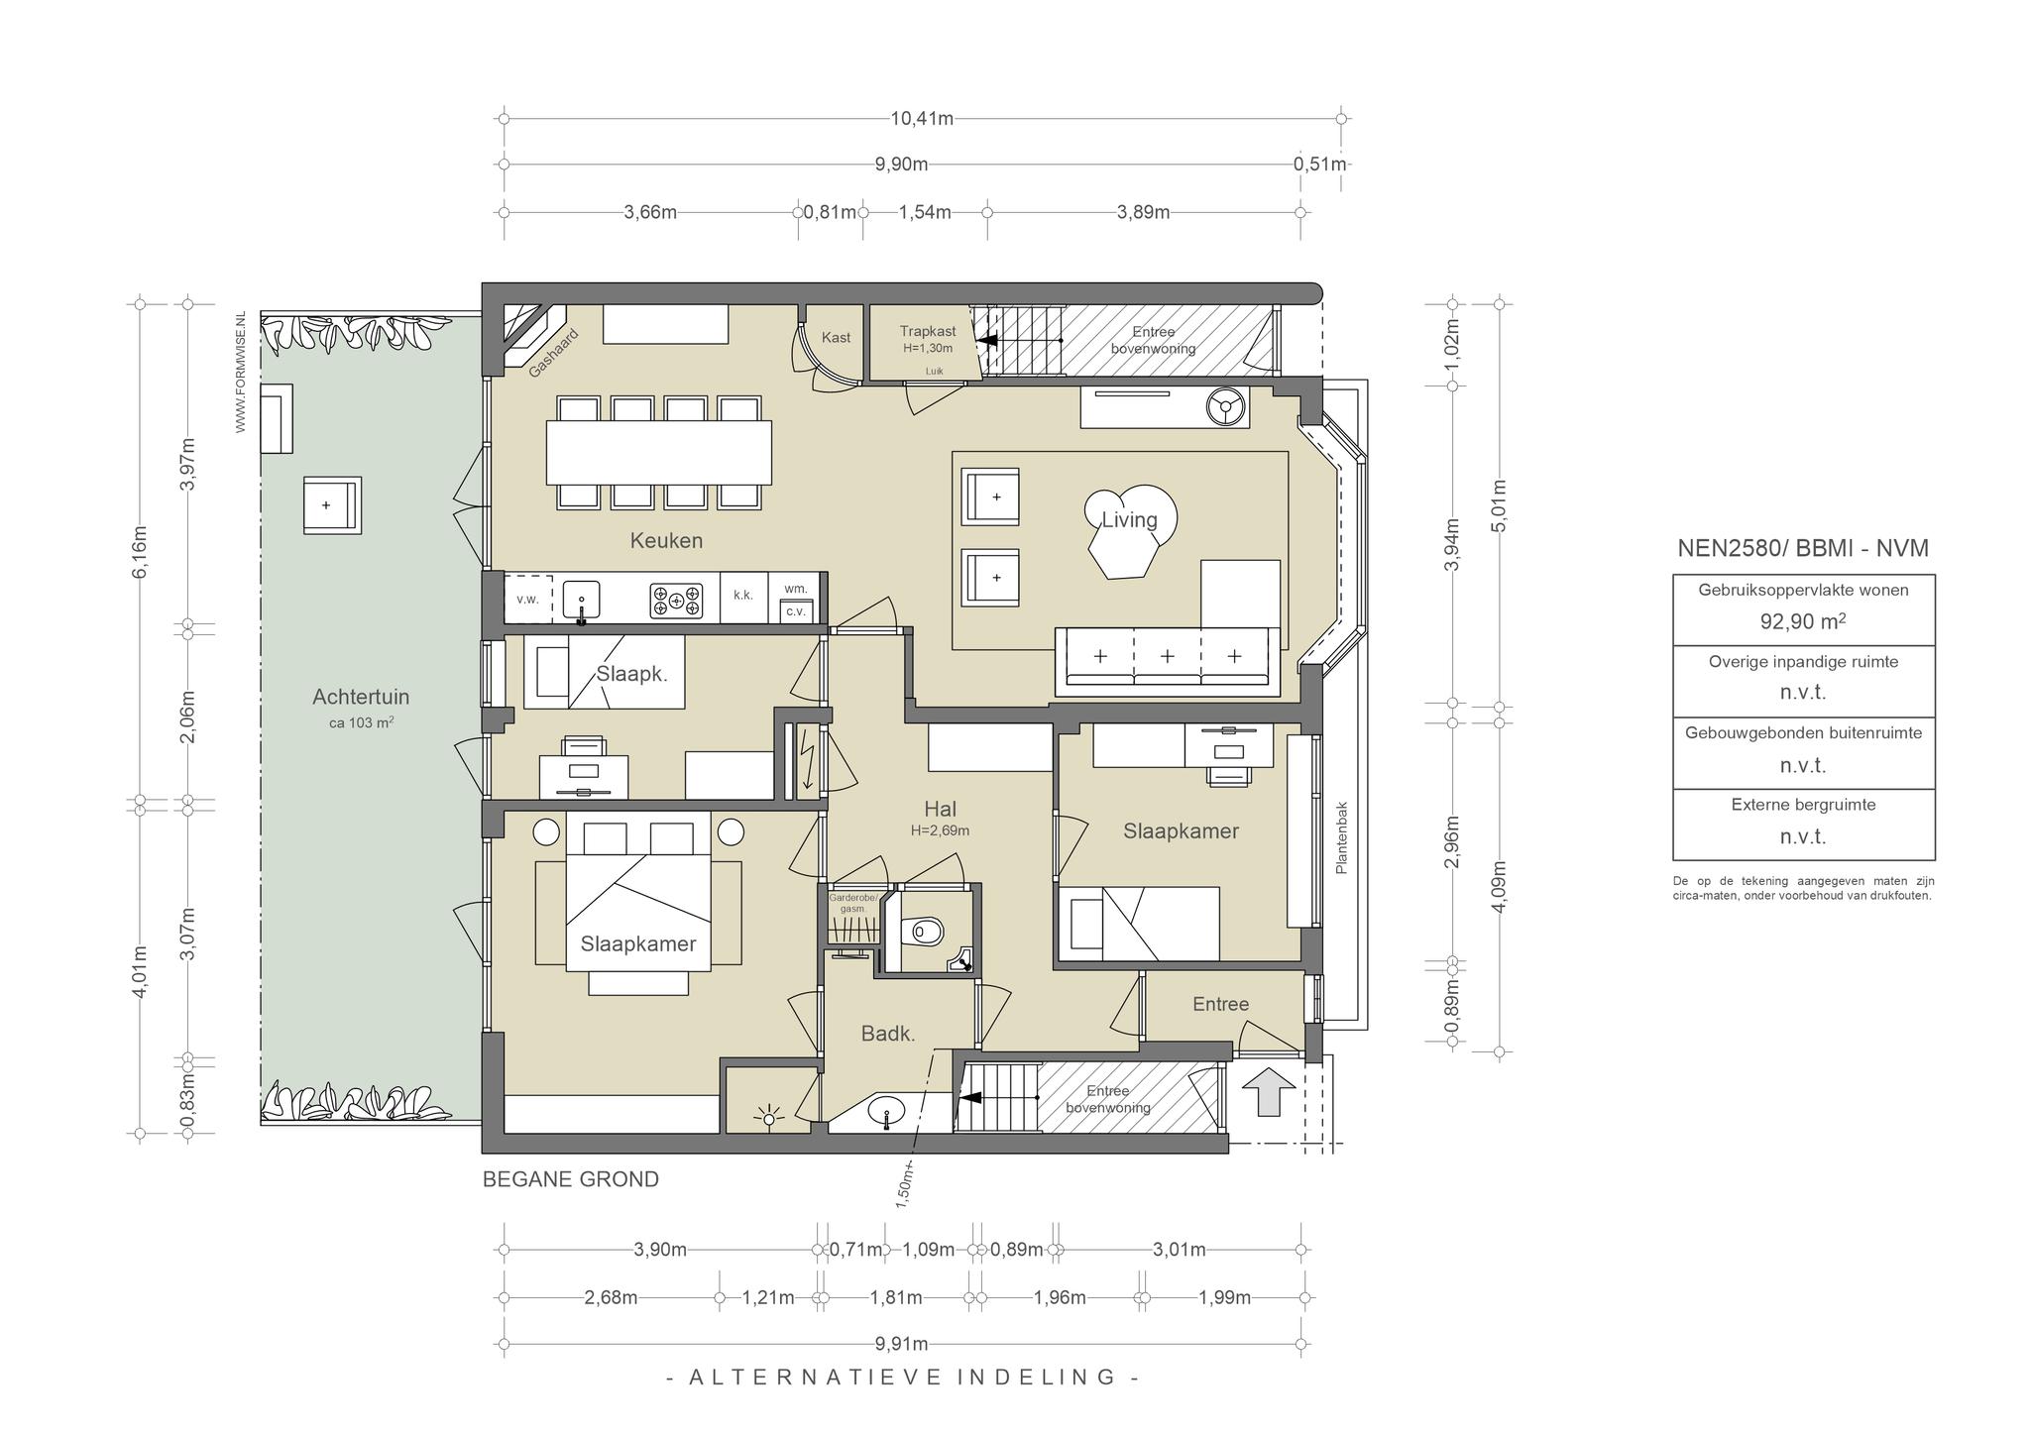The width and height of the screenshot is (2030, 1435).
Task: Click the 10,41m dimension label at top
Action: [x=922, y=119]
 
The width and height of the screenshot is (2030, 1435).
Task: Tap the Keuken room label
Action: [x=666, y=541]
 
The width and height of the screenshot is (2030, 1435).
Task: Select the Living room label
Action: [x=1129, y=519]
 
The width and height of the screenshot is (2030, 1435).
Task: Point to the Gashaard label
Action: [x=553, y=353]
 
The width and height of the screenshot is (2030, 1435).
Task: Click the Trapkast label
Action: [x=928, y=331]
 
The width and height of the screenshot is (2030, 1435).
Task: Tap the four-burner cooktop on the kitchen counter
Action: [x=676, y=601]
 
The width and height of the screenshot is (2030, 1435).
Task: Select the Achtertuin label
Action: [x=361, y=697]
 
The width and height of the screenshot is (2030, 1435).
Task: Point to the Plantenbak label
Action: [x=1342, y=837]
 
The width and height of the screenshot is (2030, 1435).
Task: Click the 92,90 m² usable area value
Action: [x=1803, y=621]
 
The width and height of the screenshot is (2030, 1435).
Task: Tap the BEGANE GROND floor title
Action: [x=571, y=1179]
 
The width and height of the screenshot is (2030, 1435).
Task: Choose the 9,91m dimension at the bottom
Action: [x=902, y=1344]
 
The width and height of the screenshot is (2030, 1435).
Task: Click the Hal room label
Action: [x=940, y=810]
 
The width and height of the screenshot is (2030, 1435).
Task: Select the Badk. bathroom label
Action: [x=888, y=1035]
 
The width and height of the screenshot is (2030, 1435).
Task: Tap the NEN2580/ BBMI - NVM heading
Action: [x=1803, y=548]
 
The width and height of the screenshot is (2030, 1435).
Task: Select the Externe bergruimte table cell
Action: [x=1804, y=825]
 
